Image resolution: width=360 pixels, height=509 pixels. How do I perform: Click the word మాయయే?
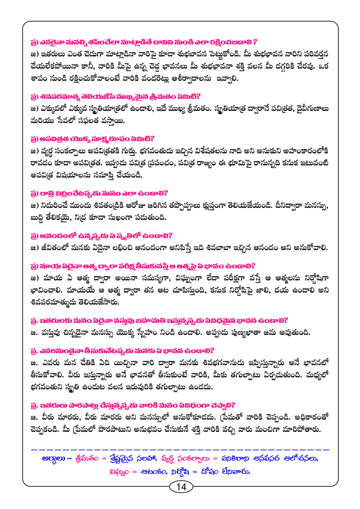tap(80, 290)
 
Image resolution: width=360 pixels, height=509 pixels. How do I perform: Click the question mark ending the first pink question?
tap(255, 42)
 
